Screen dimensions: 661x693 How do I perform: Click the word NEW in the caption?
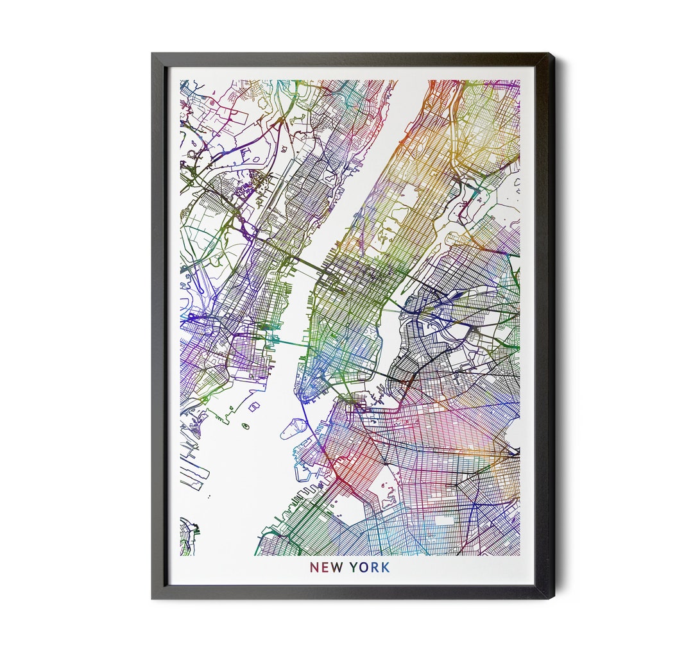[326, 568]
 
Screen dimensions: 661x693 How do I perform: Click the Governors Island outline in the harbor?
[293, 428]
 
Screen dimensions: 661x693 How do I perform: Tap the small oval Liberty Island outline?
[244, 425]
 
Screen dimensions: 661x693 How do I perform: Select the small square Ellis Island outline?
[254, 406]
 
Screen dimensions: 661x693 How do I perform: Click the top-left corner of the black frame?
[153, 54]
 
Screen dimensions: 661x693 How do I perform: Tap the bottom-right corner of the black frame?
[553, 598]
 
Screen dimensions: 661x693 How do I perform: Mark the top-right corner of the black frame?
[553, 54]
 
